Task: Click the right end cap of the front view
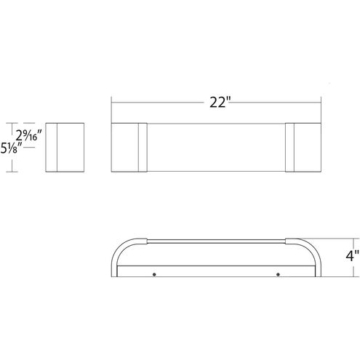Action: click(301, 148)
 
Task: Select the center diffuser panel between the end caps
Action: click(215, 148)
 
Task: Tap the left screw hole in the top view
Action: click(154, 274)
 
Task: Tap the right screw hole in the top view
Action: click(278, 274)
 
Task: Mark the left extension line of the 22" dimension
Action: click(111, 109)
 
